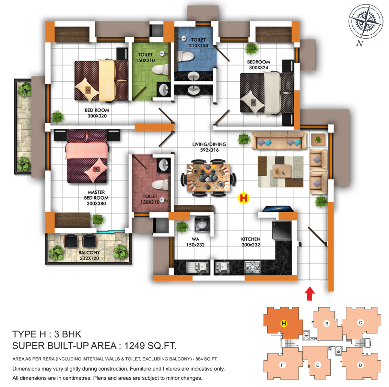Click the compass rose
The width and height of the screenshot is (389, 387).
(x=365, y=22)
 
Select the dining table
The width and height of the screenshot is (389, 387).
(x=208, y=178)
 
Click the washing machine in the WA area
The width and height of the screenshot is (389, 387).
(x=202, y=223)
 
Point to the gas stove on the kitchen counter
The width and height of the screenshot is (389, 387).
(x=252, y=268)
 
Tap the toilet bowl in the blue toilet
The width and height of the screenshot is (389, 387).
(x=185, y=56)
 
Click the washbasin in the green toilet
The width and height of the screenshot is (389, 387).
(x=163, y=89)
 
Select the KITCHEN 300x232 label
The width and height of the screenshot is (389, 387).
(x=251, y=242)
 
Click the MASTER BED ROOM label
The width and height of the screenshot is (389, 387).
(x=96, y=198)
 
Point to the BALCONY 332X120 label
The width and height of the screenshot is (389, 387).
(x=89, y=255)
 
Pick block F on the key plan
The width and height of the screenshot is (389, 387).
(x=282, y=365)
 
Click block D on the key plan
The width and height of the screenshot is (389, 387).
(x=360, y=365)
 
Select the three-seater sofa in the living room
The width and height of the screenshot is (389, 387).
(x=278, y=140)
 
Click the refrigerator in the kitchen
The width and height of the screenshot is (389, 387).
(x=281, y=230)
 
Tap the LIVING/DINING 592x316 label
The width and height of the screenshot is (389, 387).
(x=209, y=147)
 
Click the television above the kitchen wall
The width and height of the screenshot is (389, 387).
(x=278, y=209)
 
